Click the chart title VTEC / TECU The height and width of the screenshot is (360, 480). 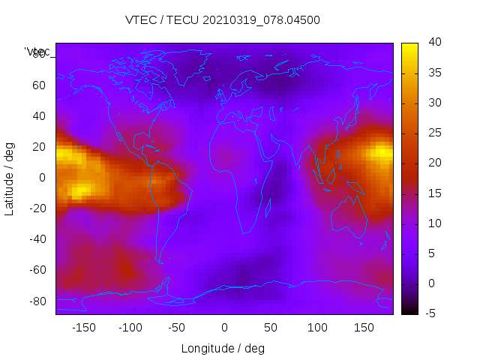coord(223,20)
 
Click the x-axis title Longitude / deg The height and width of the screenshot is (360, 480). coord(223,348)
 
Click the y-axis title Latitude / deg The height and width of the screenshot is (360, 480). coord(10,178)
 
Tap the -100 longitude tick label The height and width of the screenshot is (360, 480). coord(130,328)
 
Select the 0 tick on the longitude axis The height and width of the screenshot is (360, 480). coord(223,328)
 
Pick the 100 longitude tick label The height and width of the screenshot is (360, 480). coord(317,328)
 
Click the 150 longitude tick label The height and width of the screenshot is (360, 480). coord(364,328)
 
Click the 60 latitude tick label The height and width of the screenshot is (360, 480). coord(39,85)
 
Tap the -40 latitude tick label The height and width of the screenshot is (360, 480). coord(36,239)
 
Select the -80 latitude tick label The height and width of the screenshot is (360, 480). coord(36,301)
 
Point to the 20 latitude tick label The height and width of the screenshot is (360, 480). coord(39,147)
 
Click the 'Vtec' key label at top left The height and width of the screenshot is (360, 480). coord(37,52)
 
